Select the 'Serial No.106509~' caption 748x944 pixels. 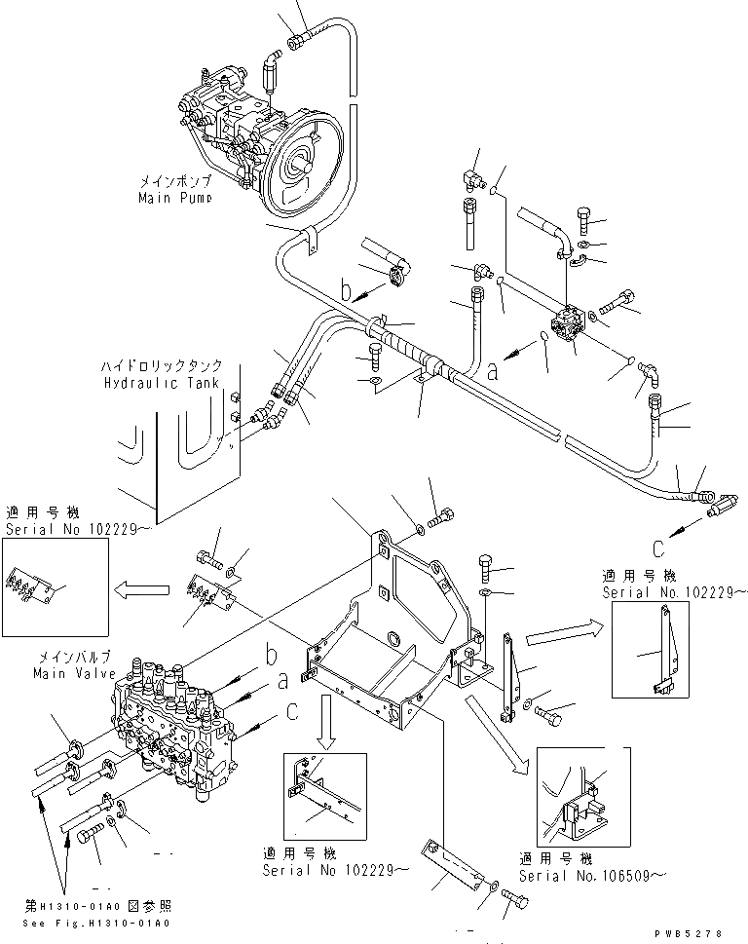point(584,875)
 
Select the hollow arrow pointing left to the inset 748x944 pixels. point(134,588)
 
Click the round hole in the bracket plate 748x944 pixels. point(395,639)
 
